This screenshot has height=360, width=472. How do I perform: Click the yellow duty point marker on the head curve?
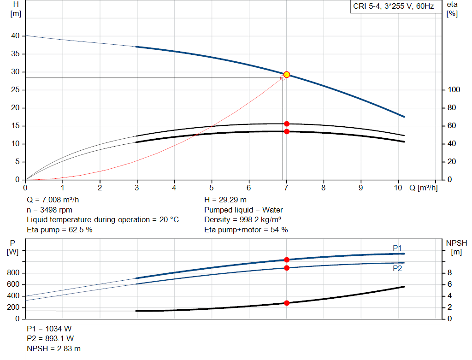(x=287, y=75)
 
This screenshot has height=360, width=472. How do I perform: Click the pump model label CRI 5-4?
(x=393, y=7)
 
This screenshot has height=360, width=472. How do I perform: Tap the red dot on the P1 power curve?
(x=287, y=260)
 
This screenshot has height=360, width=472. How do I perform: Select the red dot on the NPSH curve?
(x=287, y=303)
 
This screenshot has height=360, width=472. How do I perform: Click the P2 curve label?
(x=397, y=268)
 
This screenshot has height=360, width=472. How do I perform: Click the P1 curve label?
(x=397, y=248)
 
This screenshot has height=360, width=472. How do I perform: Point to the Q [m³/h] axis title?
(x=423, y=188)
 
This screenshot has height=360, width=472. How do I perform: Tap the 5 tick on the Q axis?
(x=212, y=188)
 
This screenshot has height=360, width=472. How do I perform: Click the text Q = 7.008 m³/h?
(x=56, y=200)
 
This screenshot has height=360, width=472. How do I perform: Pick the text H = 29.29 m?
(x=225, y=200)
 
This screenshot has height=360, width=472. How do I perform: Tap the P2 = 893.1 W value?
(x=50, y=338)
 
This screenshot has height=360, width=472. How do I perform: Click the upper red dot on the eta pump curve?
(x=287, y=124)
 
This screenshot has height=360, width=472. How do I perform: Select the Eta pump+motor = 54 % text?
(x=246, y=230)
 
